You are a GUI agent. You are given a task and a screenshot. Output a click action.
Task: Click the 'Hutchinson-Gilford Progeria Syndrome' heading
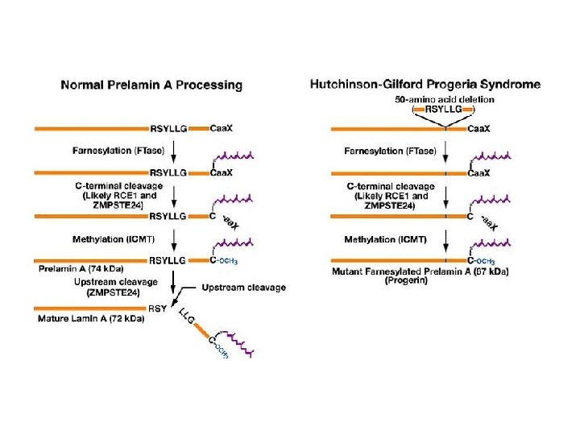tap(425, 84)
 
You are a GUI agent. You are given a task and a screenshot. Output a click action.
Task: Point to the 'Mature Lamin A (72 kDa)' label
tap(91, 319)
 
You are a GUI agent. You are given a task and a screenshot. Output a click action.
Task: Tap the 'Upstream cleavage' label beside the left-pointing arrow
tap(243, 288)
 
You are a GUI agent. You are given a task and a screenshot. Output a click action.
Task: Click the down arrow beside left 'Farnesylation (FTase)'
tap(173, 151)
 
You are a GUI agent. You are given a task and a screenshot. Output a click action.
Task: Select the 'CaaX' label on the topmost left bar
tap(222, 127)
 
